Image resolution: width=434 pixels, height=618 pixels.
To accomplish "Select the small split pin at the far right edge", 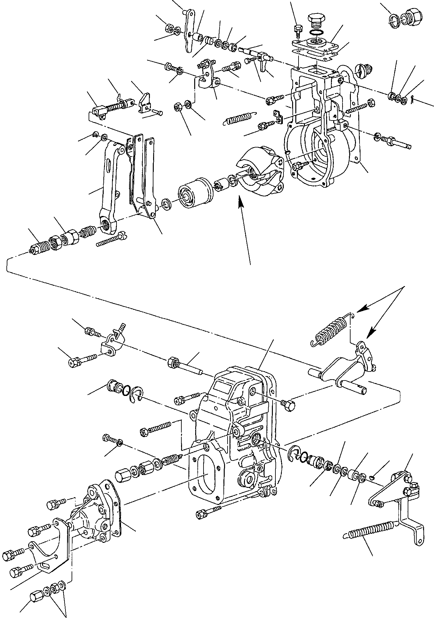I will [x=412, y=101].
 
